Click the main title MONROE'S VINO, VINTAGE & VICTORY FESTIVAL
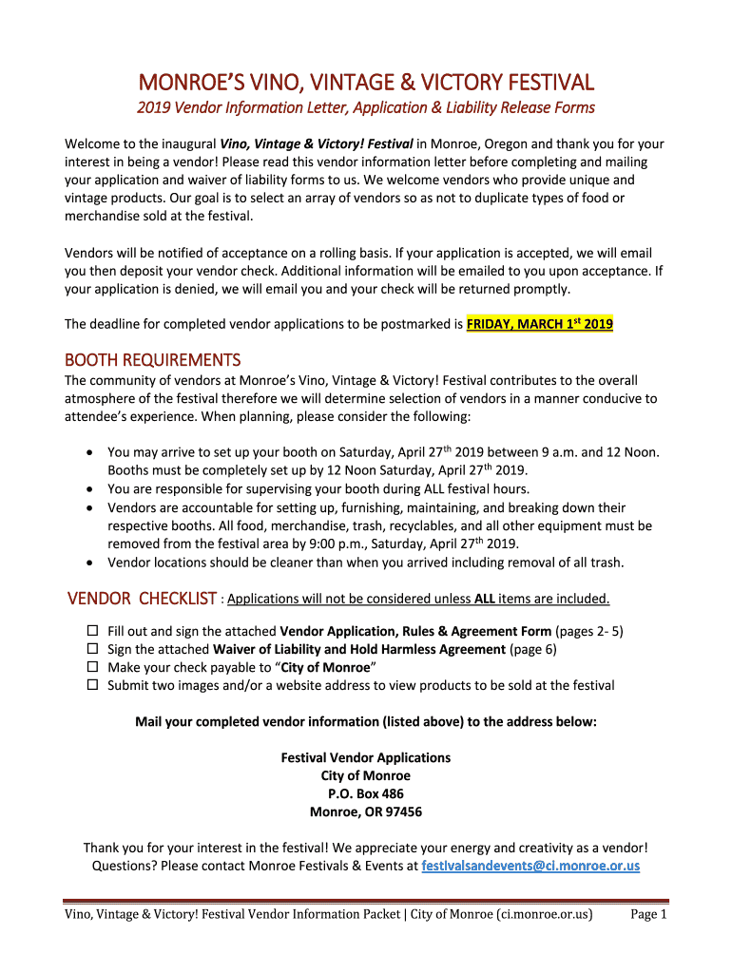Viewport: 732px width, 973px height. click(x=366, y=82)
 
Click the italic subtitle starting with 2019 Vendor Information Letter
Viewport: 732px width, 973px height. click(x=366, y=107)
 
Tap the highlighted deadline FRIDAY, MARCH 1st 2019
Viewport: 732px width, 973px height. click(x=540, y=324)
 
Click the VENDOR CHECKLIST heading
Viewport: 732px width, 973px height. click(x=143, y=599)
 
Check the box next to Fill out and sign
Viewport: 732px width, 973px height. click(x=93, y=631)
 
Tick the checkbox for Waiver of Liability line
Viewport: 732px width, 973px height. click(x=93, y=649)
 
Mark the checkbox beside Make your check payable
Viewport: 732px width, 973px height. click(x=93, y=667)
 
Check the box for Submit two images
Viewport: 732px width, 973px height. click(x=93, y=685)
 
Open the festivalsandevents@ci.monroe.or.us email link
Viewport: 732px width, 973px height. click(x=530, y=866)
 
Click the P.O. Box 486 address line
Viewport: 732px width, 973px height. click(x=366, y=794)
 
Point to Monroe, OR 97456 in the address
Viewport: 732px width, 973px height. click(x=366, y=812)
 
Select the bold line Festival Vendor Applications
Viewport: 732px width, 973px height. click(x=366, y=758)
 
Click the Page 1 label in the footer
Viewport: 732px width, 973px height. click(x=649, y=915)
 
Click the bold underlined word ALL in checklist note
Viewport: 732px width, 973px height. click(x=484, y=600)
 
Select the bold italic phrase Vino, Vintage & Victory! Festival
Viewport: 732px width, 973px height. click(x=317, y=144)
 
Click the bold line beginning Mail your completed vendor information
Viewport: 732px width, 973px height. click(x=366, y=722)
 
